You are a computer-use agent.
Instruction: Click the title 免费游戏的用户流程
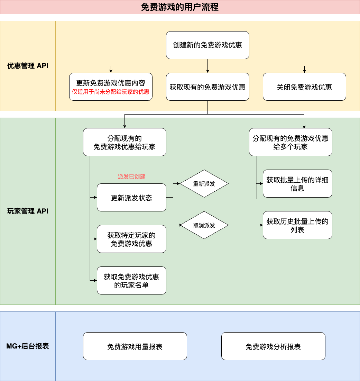tap(180, 7)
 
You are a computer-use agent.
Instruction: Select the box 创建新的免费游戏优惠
tap(207, 45)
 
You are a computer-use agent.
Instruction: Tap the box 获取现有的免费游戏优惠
tap(207, 87)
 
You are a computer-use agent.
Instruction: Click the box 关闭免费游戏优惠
tap(304, 87)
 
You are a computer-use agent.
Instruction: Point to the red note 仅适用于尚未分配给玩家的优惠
tap(111, 92)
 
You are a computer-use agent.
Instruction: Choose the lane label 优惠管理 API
tap(28, 66)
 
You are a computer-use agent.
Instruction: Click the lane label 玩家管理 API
tap(28, 211)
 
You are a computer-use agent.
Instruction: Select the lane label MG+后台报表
tap(28, 346)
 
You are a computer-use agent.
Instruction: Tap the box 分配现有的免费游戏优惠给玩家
tap(124, 142)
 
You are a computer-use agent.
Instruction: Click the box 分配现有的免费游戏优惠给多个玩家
tap(290, 142)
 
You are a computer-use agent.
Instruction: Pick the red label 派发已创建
tap(131, 176)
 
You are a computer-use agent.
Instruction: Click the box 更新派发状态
tap(131, 198)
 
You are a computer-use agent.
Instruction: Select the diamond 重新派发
tap(204, 184)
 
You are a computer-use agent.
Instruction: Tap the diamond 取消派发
tap(204, 225)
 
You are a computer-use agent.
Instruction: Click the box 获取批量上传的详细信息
tap(297, 184)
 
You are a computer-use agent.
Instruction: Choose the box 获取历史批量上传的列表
tap(297, 225)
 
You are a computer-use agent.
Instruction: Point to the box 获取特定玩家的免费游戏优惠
tap(131, 239)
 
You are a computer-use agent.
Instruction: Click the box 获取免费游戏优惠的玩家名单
tap(131, 281)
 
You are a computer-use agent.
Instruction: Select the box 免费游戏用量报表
tap(135, 346)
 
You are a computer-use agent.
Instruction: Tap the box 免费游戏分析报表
tap(273, 346)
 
